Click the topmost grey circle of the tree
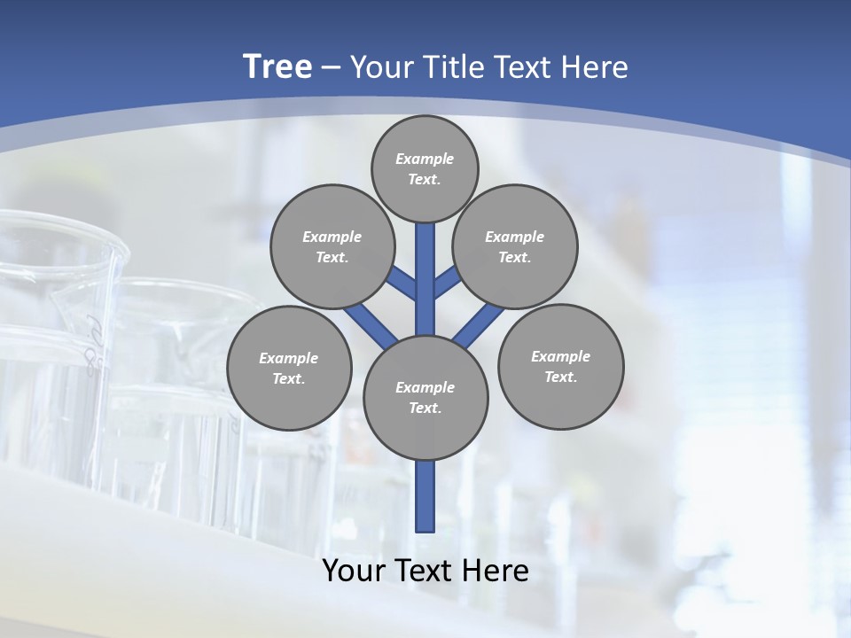[425, 168]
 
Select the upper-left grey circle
[332, 246]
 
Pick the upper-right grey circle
[515, 246]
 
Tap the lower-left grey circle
[289, 368]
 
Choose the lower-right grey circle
[561, 366]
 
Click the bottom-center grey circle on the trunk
[425, 398]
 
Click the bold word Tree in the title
[277, 66]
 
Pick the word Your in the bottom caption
[355, 571]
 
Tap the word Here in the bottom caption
[496, 571]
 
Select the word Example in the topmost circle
[425, 159]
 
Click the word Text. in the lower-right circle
[561, 377]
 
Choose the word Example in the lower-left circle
[289, 358]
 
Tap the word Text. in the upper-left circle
[332, 257]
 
